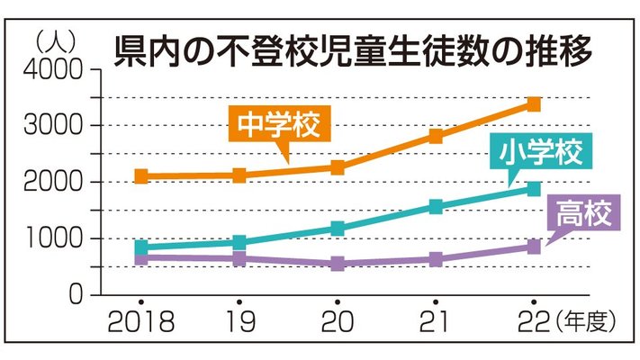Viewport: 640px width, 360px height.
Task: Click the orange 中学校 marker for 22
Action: tap(533, 104)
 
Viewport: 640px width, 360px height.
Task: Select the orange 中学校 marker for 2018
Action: tap(141, 176)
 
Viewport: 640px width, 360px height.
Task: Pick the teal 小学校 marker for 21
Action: tap(436, 207)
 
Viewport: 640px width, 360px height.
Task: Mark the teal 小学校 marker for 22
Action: tap(533, 189)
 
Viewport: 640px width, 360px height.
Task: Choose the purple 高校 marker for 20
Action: tap(338, 264)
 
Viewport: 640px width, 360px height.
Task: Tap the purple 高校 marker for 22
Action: tap(533, 247)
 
